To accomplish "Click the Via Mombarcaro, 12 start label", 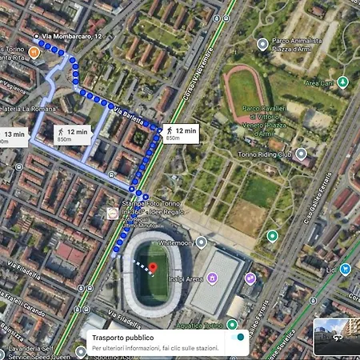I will (73, 37).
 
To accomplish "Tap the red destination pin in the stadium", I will (154, 264).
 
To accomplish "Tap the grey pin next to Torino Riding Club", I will (301, 153).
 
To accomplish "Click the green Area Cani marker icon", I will (342, 82).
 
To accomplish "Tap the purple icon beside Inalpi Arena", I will (212, 278).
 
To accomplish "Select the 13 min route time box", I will (15, 137).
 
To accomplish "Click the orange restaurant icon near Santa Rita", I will (34, 52).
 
